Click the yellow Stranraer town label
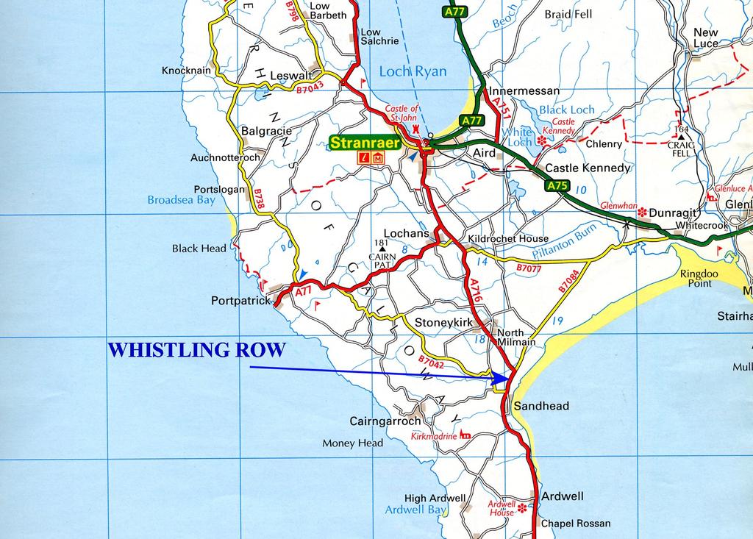click(364, 143)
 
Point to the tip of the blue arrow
click(509, 379)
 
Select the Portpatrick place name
click(240, 301)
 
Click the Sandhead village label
click(541, 406)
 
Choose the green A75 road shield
click(557, 186)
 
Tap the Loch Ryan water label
click(413, 71)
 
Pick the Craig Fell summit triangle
click(682, 137)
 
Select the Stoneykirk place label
click(442, 322)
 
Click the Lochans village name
click(406, 233)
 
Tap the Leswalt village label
click(292, 75)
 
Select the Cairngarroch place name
click(385, 421)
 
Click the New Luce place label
click(706, 38)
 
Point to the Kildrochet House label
click(508, 238)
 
